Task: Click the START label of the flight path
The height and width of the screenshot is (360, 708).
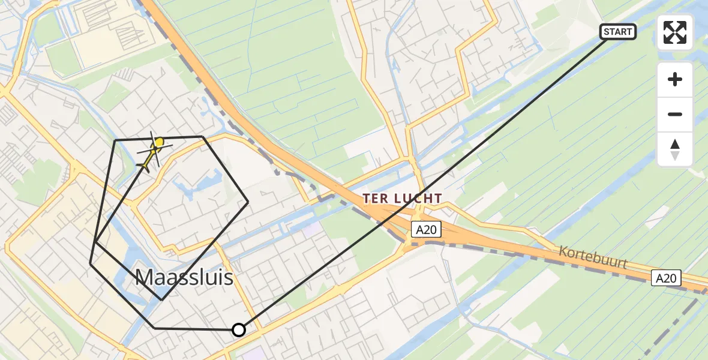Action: coord(617,31)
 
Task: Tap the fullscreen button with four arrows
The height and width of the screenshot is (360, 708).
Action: coord(675,32)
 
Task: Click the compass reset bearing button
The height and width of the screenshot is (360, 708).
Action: coord(675,149)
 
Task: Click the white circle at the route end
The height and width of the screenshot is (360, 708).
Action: coord(239,329)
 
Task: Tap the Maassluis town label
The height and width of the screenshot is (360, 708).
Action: coord(184,277)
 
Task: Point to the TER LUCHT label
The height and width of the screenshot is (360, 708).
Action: coord(403,198)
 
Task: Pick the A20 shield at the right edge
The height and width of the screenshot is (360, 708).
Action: coord(667,278)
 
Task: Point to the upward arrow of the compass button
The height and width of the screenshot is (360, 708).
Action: coord(675,144)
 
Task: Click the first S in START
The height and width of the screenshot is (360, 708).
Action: coord(606,31)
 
